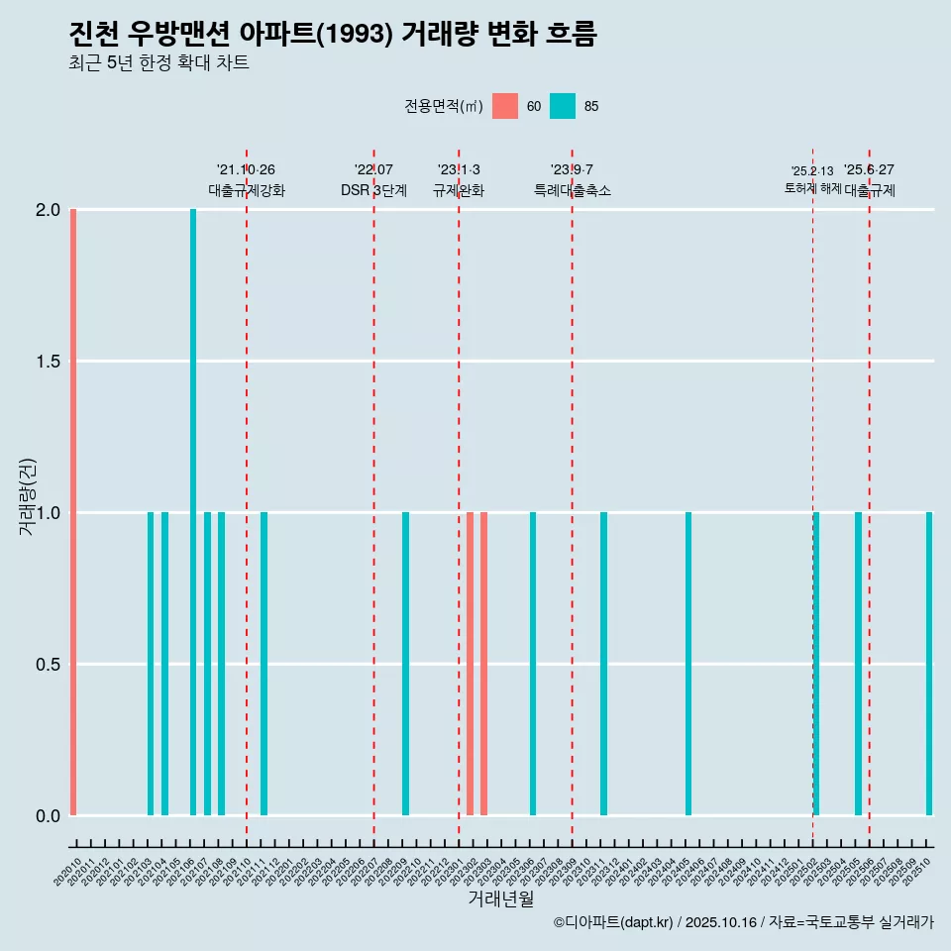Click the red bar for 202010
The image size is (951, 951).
(x=73, y=512)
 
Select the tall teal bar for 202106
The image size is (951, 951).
(x=193, y=512)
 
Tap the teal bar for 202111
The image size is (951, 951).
(x=264, y=664)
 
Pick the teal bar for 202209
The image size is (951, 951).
(x=405, y=664)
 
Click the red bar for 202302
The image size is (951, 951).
(x=470, y=664)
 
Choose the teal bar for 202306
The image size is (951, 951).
(x=533, y=664)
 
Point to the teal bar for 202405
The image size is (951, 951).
(x=688, y=664)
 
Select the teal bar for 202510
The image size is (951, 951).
(x=929, y=664)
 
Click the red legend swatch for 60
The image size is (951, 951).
(x=505, y=106)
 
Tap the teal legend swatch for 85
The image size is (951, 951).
(x=563, y=106)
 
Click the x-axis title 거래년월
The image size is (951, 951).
(x=500, y=898)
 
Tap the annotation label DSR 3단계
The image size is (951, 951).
(x=373, y=190)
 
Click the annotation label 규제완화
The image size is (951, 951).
(x=459, y=190)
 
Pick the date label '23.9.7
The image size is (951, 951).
(x=572, y=169)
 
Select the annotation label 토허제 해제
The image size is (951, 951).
(x=812, y=188)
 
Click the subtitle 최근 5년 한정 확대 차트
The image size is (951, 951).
(x=158, y=63)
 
